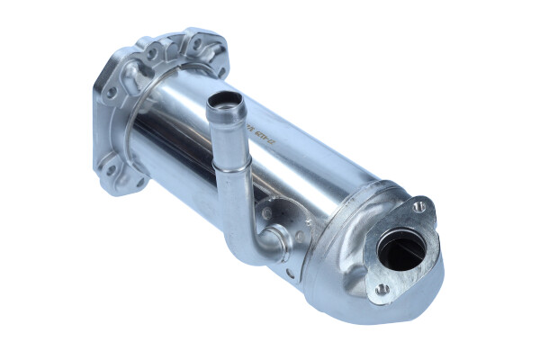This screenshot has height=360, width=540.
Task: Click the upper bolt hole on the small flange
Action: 419,206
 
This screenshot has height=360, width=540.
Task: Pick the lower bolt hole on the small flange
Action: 383,289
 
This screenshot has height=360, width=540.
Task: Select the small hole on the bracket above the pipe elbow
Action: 266,213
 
